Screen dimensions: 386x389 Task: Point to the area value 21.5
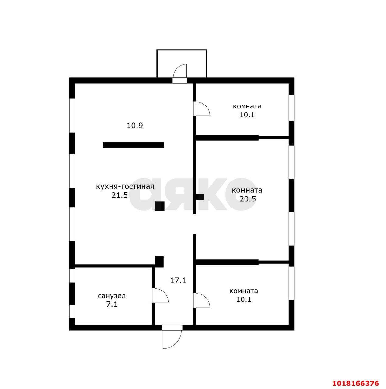[120, 195]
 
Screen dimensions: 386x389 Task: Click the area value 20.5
[248, 199]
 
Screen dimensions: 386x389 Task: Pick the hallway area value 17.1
[178, 281]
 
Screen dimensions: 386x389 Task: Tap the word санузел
[112, 296]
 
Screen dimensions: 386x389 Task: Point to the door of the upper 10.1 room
[201, 108]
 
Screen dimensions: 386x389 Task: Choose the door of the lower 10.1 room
[201, 300]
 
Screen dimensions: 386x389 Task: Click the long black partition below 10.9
[133, 145]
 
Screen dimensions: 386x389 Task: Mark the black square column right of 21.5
[159, 206]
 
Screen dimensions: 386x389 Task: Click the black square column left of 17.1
[159, 262]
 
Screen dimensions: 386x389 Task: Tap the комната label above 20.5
[247, 190]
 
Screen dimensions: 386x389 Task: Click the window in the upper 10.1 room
[291, 108]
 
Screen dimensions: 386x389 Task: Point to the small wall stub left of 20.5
[200, 197]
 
